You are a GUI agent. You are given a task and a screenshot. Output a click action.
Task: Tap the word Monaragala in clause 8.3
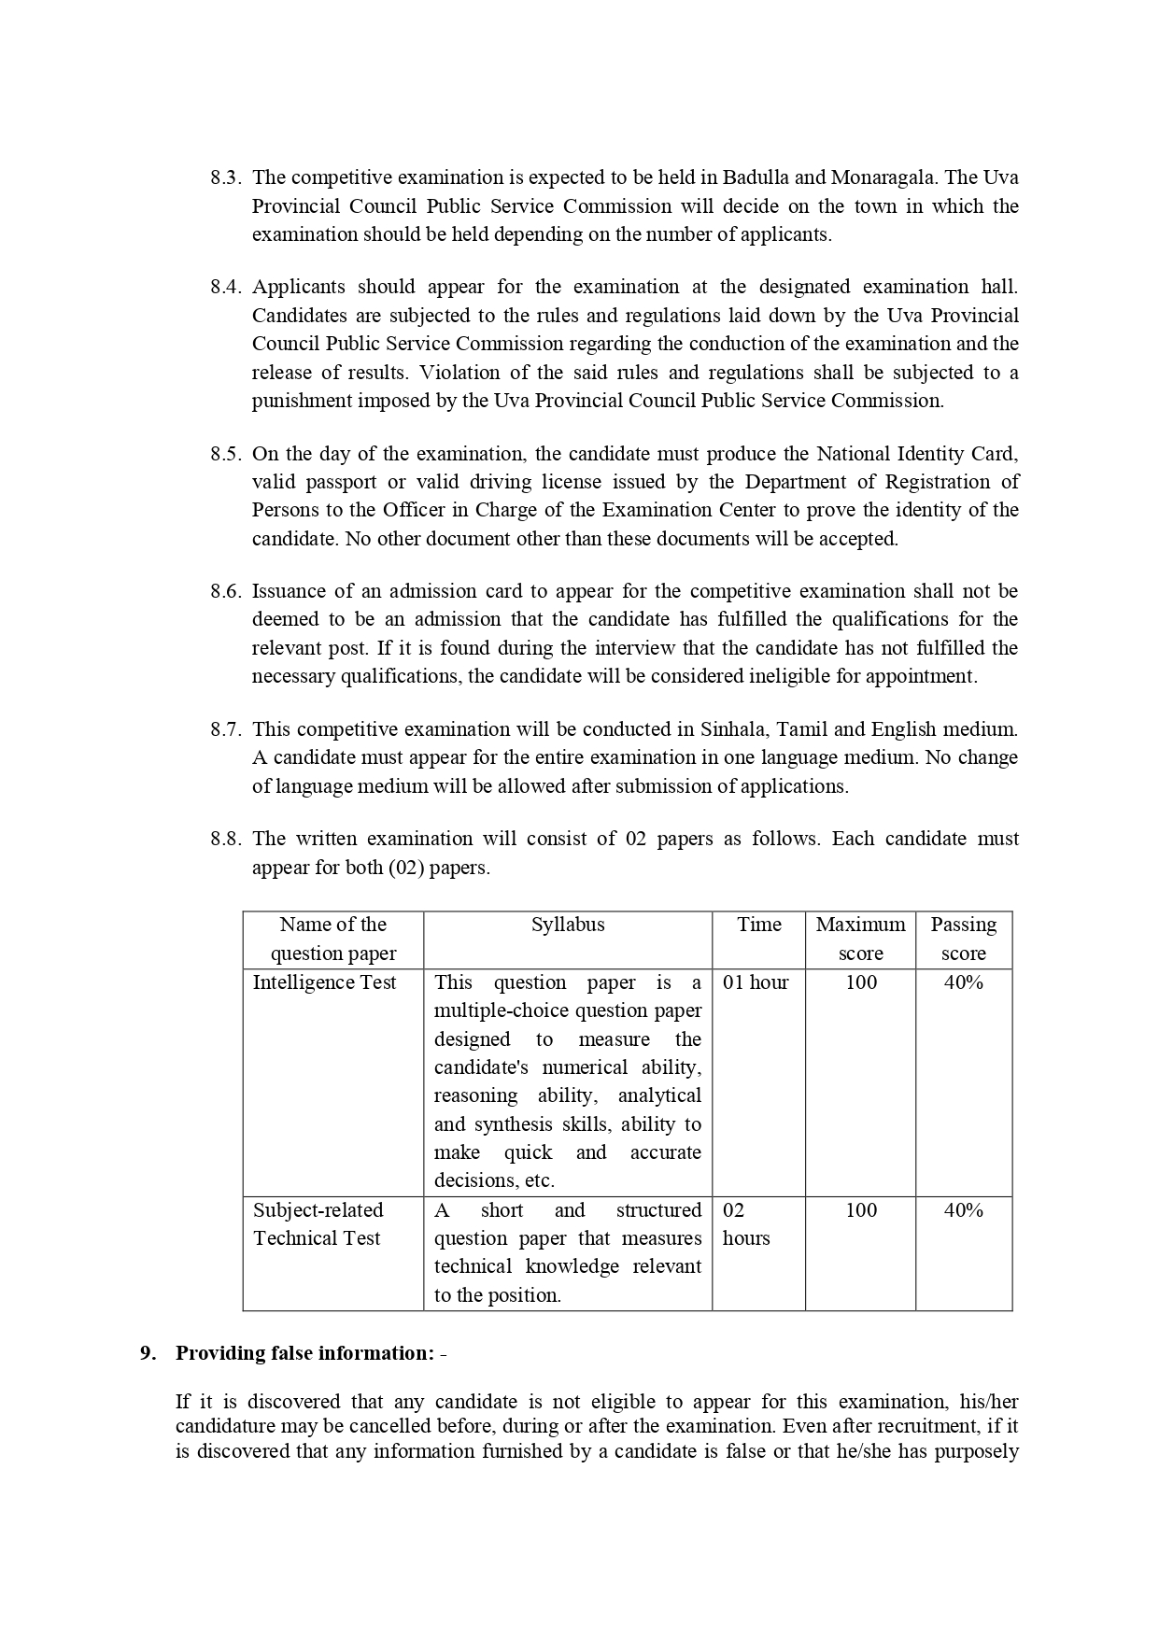coord(885,177)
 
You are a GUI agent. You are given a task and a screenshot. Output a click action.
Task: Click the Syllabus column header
coord(568,925)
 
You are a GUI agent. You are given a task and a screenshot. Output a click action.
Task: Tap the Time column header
coord(758,925)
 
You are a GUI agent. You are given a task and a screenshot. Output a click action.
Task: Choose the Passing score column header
coord(963,939)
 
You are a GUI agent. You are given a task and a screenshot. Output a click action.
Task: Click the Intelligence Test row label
coord(324,982)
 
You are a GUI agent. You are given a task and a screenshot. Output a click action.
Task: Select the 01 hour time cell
coord(756,982)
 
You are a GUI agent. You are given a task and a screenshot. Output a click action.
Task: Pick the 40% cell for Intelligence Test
coord(963,982)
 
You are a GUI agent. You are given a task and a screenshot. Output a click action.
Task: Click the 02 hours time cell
coord(746,1224)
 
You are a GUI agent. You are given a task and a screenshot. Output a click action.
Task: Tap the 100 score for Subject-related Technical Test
coord(860,1210)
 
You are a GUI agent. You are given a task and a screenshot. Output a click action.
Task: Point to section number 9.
coord(148,1353)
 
